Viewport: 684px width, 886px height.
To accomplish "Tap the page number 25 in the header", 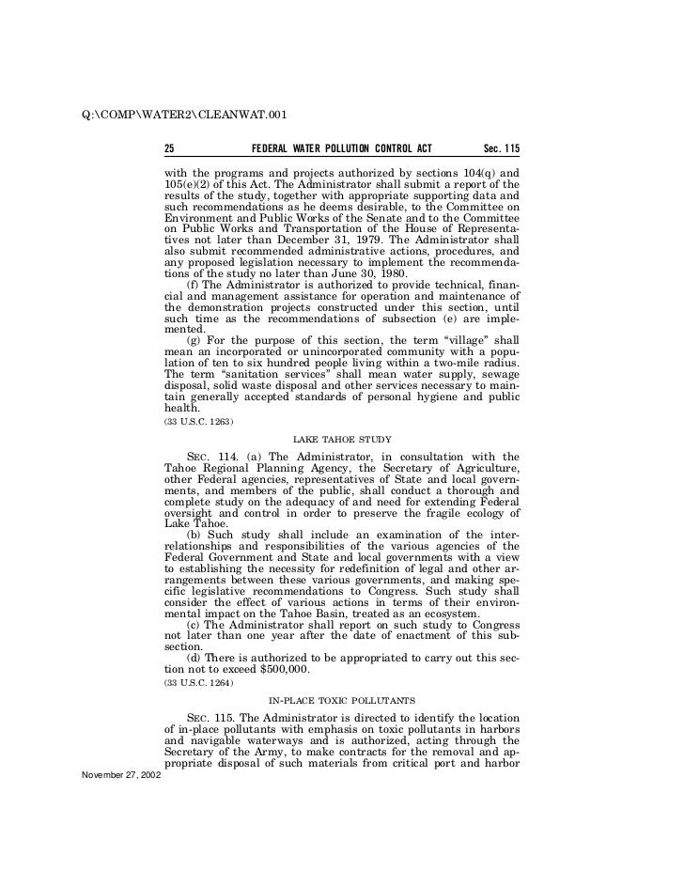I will [170, 149].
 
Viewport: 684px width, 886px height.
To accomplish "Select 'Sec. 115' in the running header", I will [501, 149].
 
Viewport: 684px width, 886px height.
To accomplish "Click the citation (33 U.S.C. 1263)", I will [194, 422].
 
